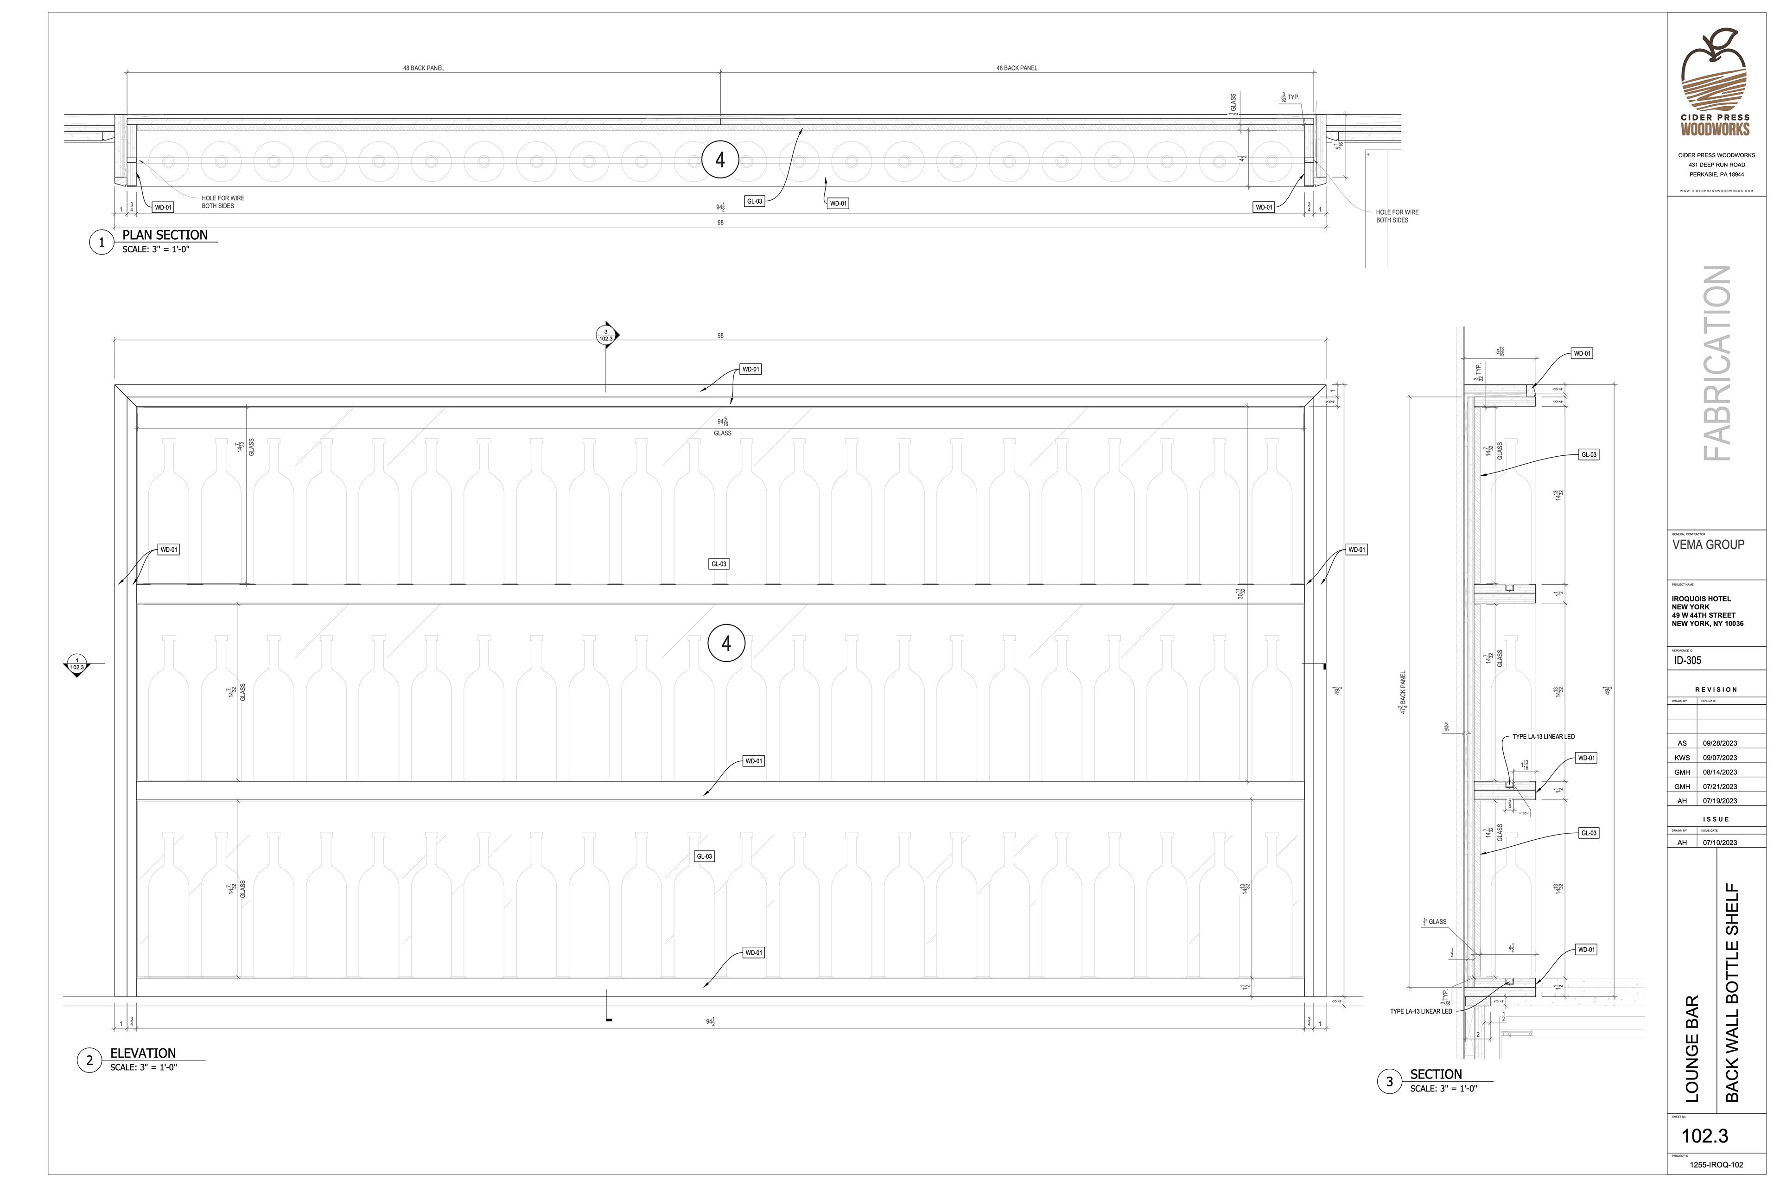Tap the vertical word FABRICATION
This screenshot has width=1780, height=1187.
click(x=1716, y=364)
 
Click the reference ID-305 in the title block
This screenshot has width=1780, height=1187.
click(x=1688, y=660)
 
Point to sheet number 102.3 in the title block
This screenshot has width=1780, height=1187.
click(x=1704, y=1136)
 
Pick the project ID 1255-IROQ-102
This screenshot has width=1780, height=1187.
click(x=1716, y=1165)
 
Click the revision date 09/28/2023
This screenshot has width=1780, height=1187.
click(x=1719, y=743)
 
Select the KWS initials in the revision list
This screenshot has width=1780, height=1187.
click(x=1682, y=758)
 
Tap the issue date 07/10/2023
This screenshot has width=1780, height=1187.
click(x=1719, y=842)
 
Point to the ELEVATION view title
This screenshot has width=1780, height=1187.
click(x=143, y=1053)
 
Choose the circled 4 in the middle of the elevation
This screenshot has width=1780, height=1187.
click(x=726, y=644)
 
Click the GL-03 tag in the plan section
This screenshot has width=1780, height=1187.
click(x=755, y=201)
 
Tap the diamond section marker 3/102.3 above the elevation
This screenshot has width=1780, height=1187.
click(x=606, y=335)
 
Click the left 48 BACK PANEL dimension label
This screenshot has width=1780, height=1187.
click(x=423, y=68)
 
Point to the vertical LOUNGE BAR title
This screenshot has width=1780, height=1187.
click(x=1692, y=1048)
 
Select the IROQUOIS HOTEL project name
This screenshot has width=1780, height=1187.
click(x=1701, y=599)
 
